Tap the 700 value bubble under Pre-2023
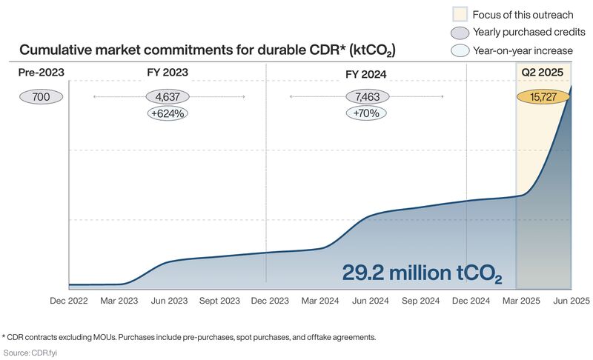click(42, 97)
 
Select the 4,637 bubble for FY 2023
click(168, 97)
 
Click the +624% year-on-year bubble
click(168, 114)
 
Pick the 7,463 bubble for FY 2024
click(366, 97)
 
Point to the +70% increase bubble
click(366, 114)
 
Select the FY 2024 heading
click(366, 74)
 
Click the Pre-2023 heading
click(41, 73)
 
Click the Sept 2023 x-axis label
click(220, 301)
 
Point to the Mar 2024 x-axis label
click(321, 301)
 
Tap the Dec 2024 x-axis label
click(471, 301)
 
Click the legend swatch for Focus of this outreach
click(460, 14)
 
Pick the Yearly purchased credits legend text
click(529, 32)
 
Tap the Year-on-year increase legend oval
click(460, 50)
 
